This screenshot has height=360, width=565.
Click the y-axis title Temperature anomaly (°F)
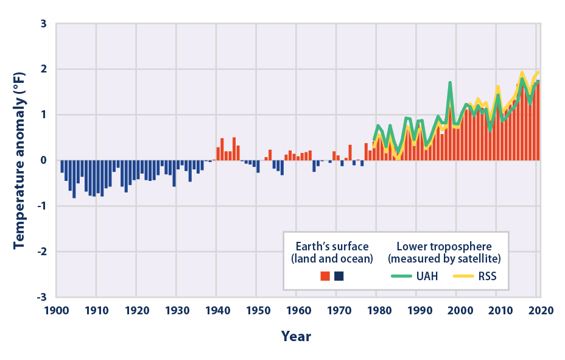pyautogui.click(x=20, y=160)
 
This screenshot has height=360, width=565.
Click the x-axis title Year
pyautogui.click(x=296, y=336)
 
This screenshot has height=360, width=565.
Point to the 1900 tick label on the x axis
pyautogui.click(x=57, y=309)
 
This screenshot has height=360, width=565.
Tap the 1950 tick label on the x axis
pyautogui.click(x=256, y=309)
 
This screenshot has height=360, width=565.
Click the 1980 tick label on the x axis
pyautogui.click(x=377, y=309)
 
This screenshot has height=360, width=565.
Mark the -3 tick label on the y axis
pyautogui.click(x=41, y=297)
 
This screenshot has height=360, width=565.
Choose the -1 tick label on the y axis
pyautogui.click(x=41, y=206)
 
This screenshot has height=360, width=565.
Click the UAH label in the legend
pyautogui.click(x=426, y=275)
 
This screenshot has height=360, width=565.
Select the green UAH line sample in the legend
pyautogui.click(x=401, y=275)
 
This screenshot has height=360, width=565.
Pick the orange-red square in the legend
pyautogui.click(x=325, y=276)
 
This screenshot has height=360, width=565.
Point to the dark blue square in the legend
pyautogui.click(x=339, y=276)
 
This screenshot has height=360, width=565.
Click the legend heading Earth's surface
pyautogui.click(x=332, y=246)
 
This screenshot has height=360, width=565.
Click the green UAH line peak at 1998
pyautogui.click(x=449, y=83)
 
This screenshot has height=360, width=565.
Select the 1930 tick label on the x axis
pyautogui.click(x=176, y=309)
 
